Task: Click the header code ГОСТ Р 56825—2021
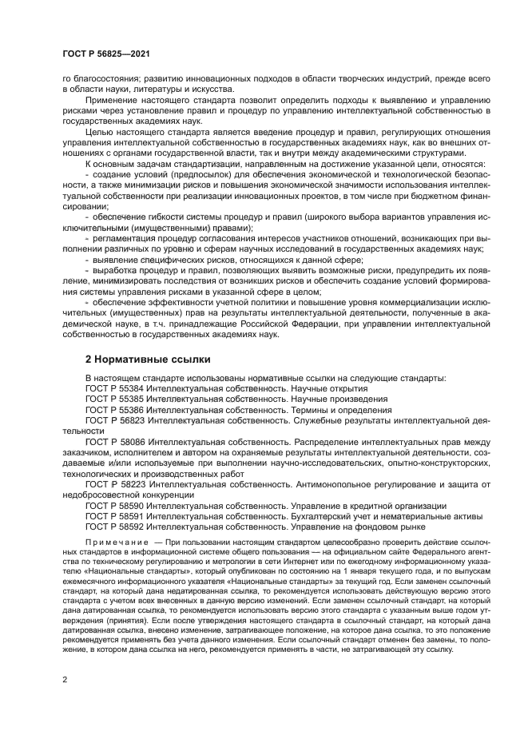click(x=106, y=54)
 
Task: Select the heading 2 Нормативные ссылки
click(x=140, y=358)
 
